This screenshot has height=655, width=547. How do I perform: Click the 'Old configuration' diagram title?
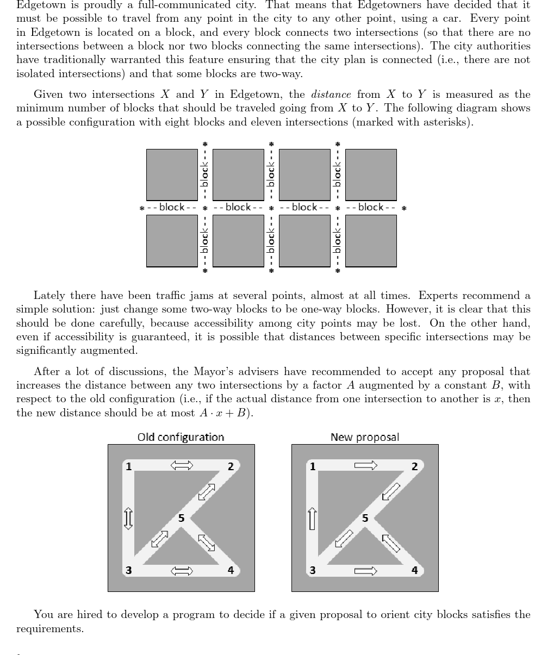tap(181, 437)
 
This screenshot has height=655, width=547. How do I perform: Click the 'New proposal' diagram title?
tap(365, 437)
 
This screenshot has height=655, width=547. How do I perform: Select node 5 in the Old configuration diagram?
tap(182, 518)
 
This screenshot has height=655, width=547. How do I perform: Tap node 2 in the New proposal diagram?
tap(414, 466)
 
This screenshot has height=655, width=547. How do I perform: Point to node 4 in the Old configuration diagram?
tap(231, 570)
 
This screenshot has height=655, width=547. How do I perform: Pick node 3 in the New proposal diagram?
tap(313, 570)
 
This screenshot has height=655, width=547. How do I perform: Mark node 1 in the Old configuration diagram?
tap(129, 466)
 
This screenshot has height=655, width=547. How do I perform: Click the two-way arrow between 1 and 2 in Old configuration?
tap(182, 465)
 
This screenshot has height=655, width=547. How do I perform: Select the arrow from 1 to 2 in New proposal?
tap(365, 465)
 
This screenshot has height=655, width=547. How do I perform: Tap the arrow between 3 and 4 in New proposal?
tap(365, 571)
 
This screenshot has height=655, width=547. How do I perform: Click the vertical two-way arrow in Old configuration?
tap(128, 518)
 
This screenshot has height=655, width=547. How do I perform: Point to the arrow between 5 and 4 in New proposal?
tap(391, 543)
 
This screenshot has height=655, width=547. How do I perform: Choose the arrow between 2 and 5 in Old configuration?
tap(207, 492)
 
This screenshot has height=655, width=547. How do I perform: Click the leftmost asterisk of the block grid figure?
tap(142, 208)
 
